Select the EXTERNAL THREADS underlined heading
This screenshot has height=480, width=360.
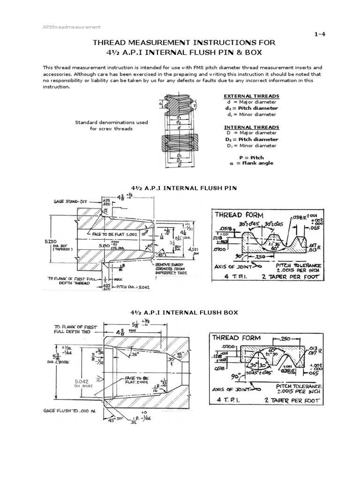click(251, 96)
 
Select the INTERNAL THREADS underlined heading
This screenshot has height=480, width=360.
click(251, 127)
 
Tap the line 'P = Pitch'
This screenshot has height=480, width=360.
click(251, 157)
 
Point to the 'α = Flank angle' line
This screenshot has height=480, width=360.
click(251, 164)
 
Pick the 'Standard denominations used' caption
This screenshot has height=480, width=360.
click(112, 122)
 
